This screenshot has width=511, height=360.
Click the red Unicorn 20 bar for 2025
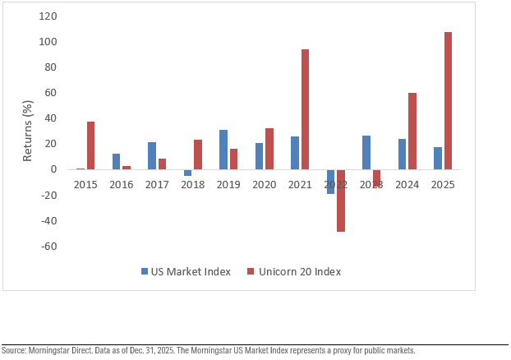point(448,100)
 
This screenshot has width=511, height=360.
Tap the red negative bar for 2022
point(341,201)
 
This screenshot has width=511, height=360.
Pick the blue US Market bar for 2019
point(223,150)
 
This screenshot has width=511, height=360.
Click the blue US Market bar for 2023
point(366,153)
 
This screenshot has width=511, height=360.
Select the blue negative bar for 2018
point(187,173)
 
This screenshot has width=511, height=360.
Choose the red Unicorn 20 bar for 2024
point(412,131)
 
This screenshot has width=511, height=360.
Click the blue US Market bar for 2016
point(116,161)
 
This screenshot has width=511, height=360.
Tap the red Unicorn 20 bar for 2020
point(269,149)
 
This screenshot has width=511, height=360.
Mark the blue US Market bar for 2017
point(152,155)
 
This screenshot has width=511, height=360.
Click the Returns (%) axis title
point(28,132)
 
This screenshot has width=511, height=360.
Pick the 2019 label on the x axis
point(228,185)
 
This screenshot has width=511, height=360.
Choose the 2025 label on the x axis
point(442,185)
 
